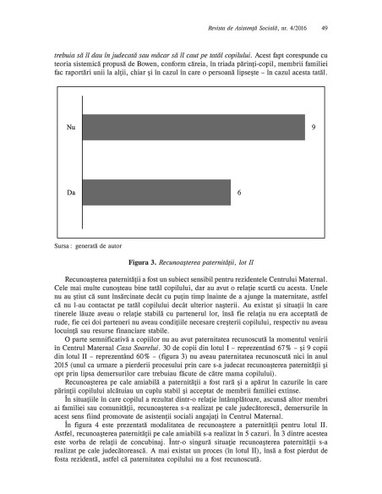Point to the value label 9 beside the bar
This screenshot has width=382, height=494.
[x=314, y=128]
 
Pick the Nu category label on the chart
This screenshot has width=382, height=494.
[x=71, y=128]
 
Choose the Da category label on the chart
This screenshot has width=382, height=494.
[x=71, y=194]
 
